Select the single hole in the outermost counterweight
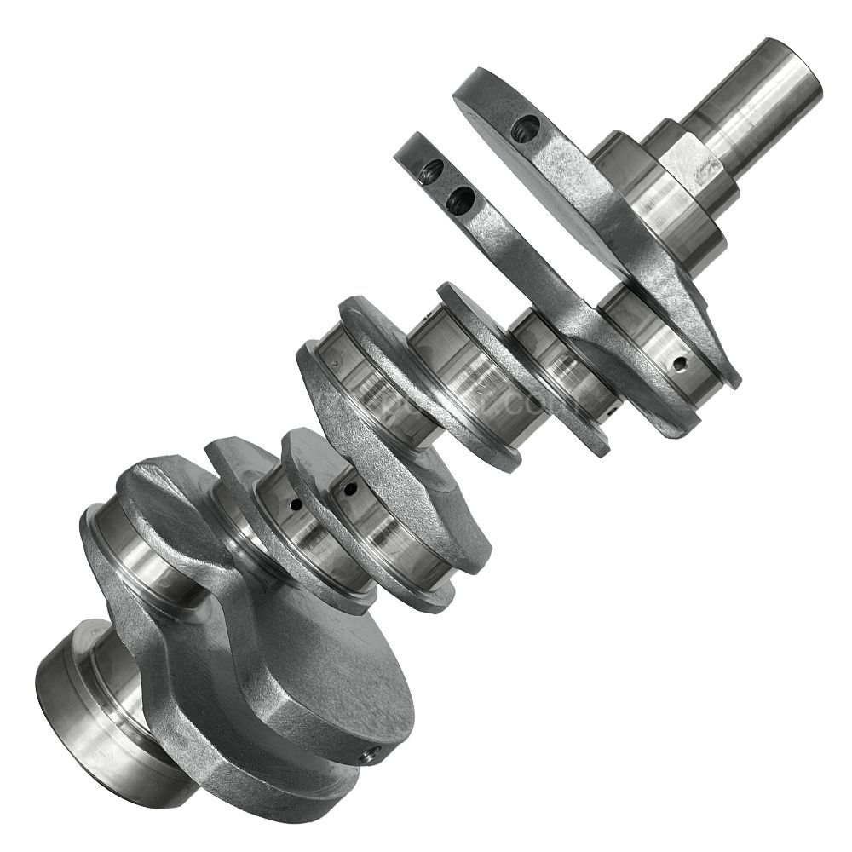[526, 130]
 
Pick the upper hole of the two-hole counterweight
[433, 171]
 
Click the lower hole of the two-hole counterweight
[461, 199]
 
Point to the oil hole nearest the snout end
[679, 365]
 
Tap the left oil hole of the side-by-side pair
[296, 504]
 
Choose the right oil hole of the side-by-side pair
[348, 490]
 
